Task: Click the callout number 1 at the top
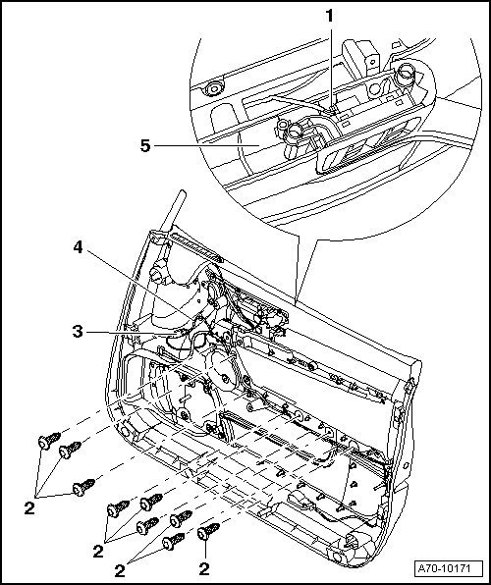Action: tap(329, 16)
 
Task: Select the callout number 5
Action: tap(145, 145)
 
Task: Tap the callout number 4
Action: tap(78, 247)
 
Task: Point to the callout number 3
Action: tap(78, 332)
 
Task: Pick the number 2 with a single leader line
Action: tap(204, 569)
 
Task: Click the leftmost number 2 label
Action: tap(29, 508)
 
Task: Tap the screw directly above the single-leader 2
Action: tap(208, 531)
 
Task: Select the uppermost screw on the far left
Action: tap(49, 441)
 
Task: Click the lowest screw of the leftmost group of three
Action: tap(83, 487)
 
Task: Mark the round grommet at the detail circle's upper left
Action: tap(213, 88)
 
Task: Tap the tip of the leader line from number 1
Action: tap(330, 111)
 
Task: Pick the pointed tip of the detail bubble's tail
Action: tap(295, 304)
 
